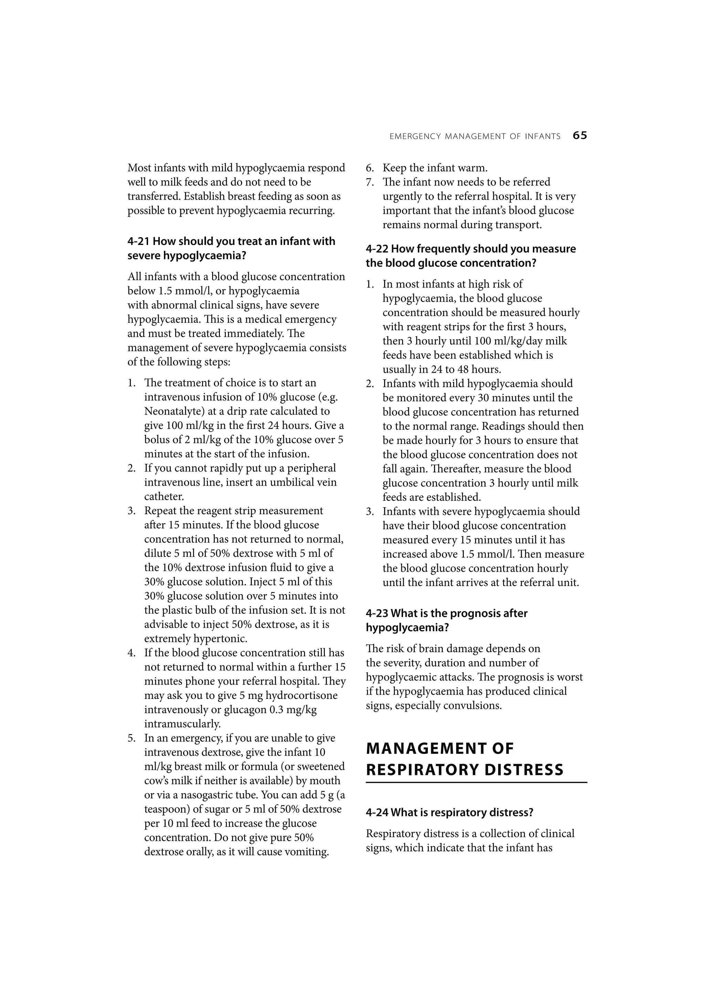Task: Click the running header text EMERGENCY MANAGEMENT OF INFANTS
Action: click(x=475, y=136)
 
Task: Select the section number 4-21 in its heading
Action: click(x=138, y=242)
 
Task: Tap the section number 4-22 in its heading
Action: click(x=377, y=249)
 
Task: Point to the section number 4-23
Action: click(x=377, y=613)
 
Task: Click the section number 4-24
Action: click(x=377, y=813)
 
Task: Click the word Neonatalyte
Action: click(x=171, y=411)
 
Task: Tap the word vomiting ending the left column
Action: click(x=307, y=851)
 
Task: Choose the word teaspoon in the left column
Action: click(x=166, y=809)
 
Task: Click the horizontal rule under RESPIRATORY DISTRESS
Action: click(x=476, y=783)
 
